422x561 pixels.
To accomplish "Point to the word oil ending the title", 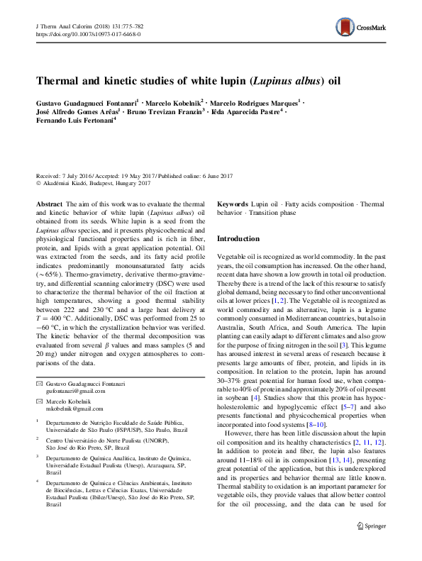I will click(333, 80).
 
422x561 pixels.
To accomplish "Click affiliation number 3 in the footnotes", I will click(37, 458).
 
